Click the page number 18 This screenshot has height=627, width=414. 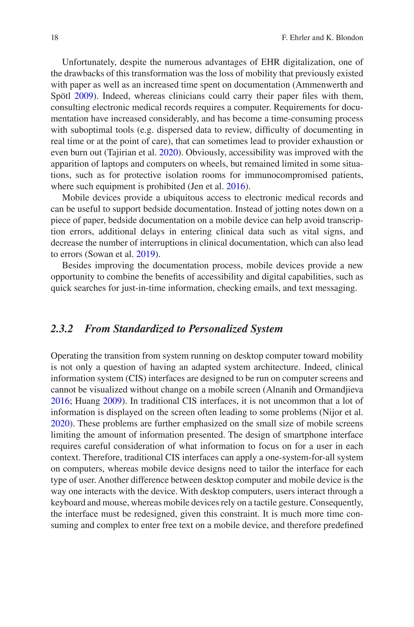click(x=54, y=38)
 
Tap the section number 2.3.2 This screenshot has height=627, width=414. click(x=62, y=329)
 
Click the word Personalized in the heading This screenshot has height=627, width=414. click(x=218, y=329)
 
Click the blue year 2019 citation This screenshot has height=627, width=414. click(x=145, y=254)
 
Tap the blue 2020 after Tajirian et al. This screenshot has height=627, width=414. click(x=168, y=153)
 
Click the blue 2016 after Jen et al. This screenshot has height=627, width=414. click(x=236, y=186)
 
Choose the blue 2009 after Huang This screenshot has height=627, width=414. click(x=112, y=401)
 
